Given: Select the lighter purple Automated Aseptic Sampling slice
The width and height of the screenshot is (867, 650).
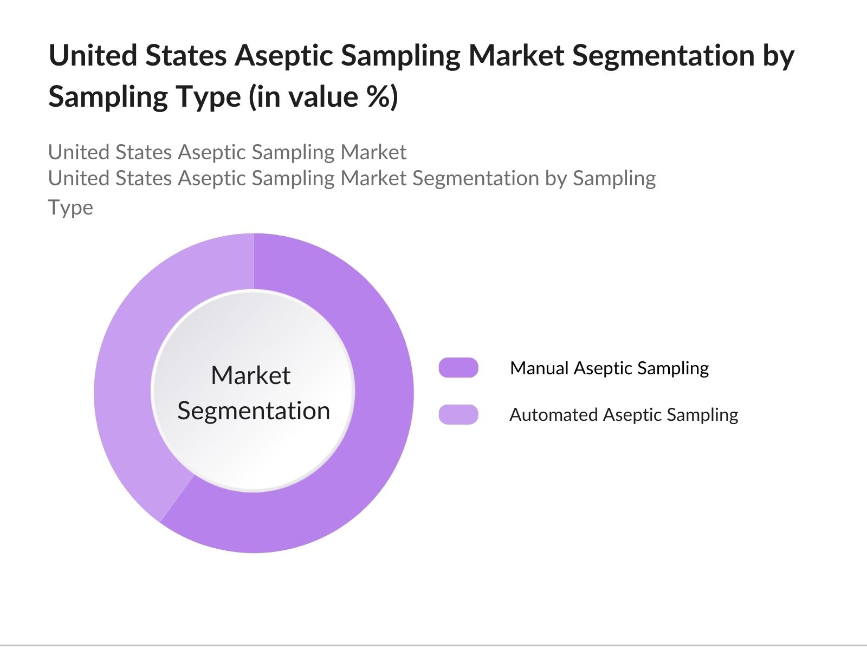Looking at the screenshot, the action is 131,355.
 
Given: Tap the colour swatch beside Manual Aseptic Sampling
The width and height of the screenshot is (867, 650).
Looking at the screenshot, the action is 458,367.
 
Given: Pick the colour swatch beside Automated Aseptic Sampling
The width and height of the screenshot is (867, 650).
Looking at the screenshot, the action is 458,414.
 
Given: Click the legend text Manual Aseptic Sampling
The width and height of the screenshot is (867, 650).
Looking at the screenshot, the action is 610,369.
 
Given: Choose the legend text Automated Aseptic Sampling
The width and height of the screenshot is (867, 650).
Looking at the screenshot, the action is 624,415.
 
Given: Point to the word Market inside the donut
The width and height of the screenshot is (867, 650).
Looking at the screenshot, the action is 251,375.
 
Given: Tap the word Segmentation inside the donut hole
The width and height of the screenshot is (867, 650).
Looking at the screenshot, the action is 254,411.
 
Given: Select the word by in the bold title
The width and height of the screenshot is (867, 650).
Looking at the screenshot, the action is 778,57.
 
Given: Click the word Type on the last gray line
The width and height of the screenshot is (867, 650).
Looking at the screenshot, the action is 70,208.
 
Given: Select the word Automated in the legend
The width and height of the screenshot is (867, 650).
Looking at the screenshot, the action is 553,414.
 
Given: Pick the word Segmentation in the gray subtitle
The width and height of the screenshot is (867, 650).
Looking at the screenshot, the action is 476,179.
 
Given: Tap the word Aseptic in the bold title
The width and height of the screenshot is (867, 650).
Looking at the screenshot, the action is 284,57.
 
